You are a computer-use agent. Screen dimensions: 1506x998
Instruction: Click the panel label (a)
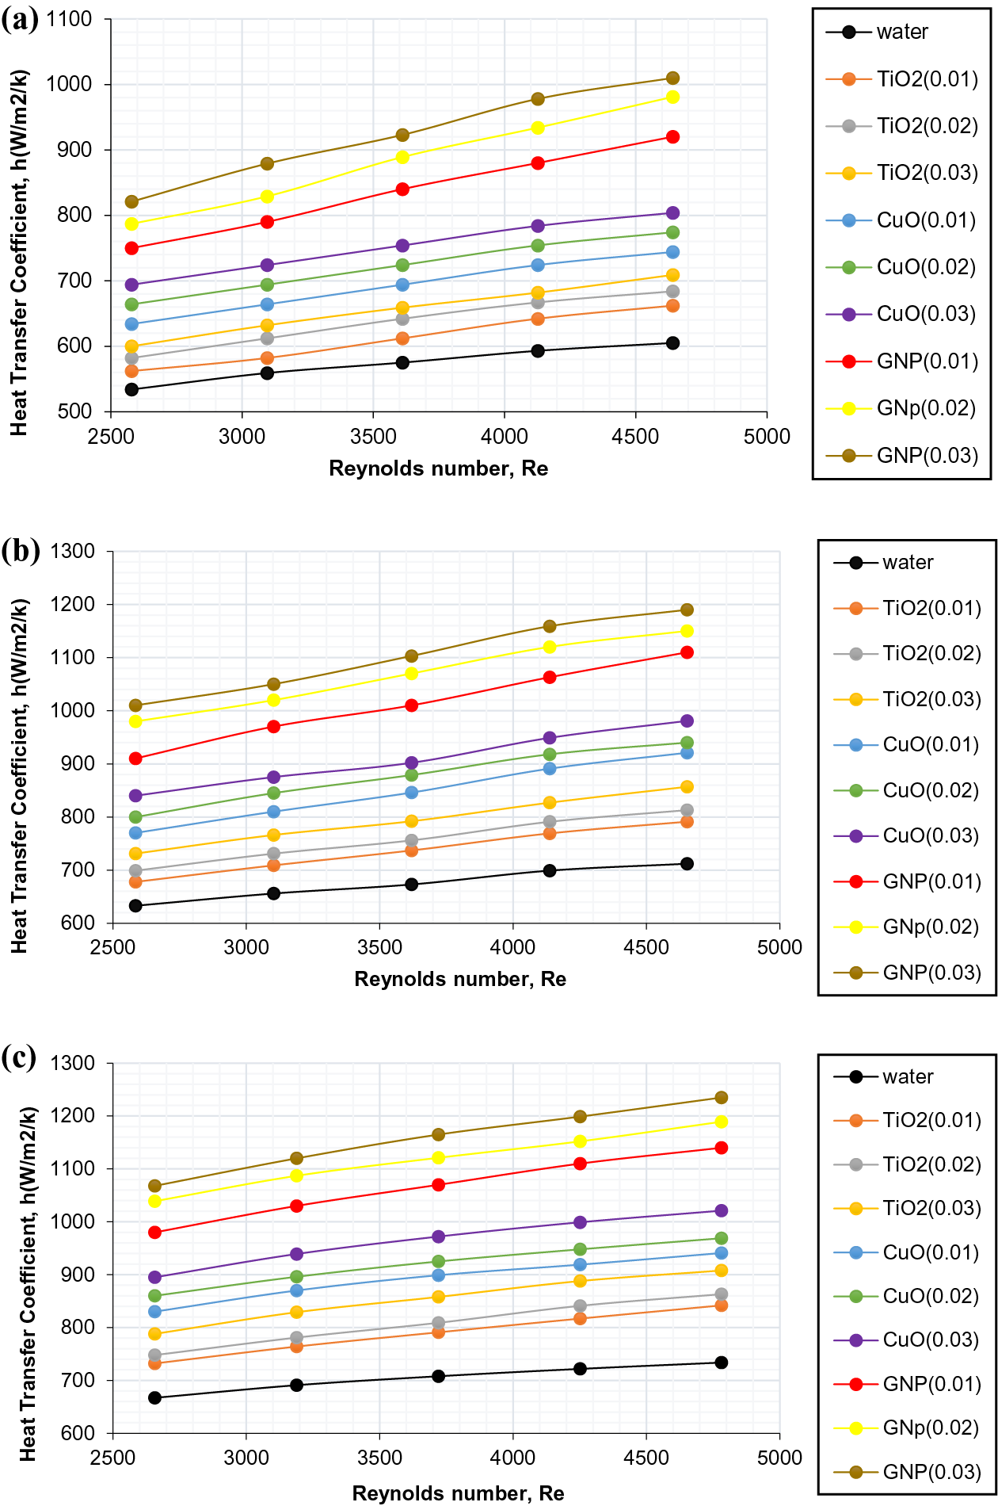coord(20,19)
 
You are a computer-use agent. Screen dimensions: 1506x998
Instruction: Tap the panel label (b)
coord(21,549)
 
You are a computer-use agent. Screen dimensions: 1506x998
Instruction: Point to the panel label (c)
coord(19,1057)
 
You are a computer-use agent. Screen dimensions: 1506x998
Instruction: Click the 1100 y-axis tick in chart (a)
coord(70,19)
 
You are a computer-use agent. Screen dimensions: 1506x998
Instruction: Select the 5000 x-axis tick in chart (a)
coord(767,437)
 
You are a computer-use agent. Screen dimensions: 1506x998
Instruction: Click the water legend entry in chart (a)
coord(901,32)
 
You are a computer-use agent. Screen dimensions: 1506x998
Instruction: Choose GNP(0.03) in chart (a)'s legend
coord(927,456)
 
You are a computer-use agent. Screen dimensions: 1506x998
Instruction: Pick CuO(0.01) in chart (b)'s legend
coord(930,745)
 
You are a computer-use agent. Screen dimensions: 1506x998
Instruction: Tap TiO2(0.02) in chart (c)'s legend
coord(931,1164)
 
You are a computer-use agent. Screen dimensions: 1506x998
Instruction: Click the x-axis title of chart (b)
coord(460,980)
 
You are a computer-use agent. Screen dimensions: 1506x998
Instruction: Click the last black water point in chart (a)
coord(672,343)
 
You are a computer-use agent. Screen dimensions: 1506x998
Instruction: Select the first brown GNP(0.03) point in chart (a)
coord(131,202)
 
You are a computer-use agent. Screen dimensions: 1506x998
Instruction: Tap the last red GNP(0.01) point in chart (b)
coord(687,652)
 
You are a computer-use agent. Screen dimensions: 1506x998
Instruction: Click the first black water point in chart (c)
coord(154,1397)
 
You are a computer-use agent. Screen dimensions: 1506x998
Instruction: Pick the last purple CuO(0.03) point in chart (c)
coord(721,1210)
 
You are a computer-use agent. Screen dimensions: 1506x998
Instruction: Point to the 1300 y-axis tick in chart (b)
coord(72,551)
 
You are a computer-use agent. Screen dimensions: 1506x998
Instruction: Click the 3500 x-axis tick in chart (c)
coord(379,1458)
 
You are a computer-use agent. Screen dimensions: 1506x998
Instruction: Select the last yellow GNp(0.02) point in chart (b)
coord(687,631)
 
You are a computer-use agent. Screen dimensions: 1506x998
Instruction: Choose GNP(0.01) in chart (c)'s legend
coord(931,1384)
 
